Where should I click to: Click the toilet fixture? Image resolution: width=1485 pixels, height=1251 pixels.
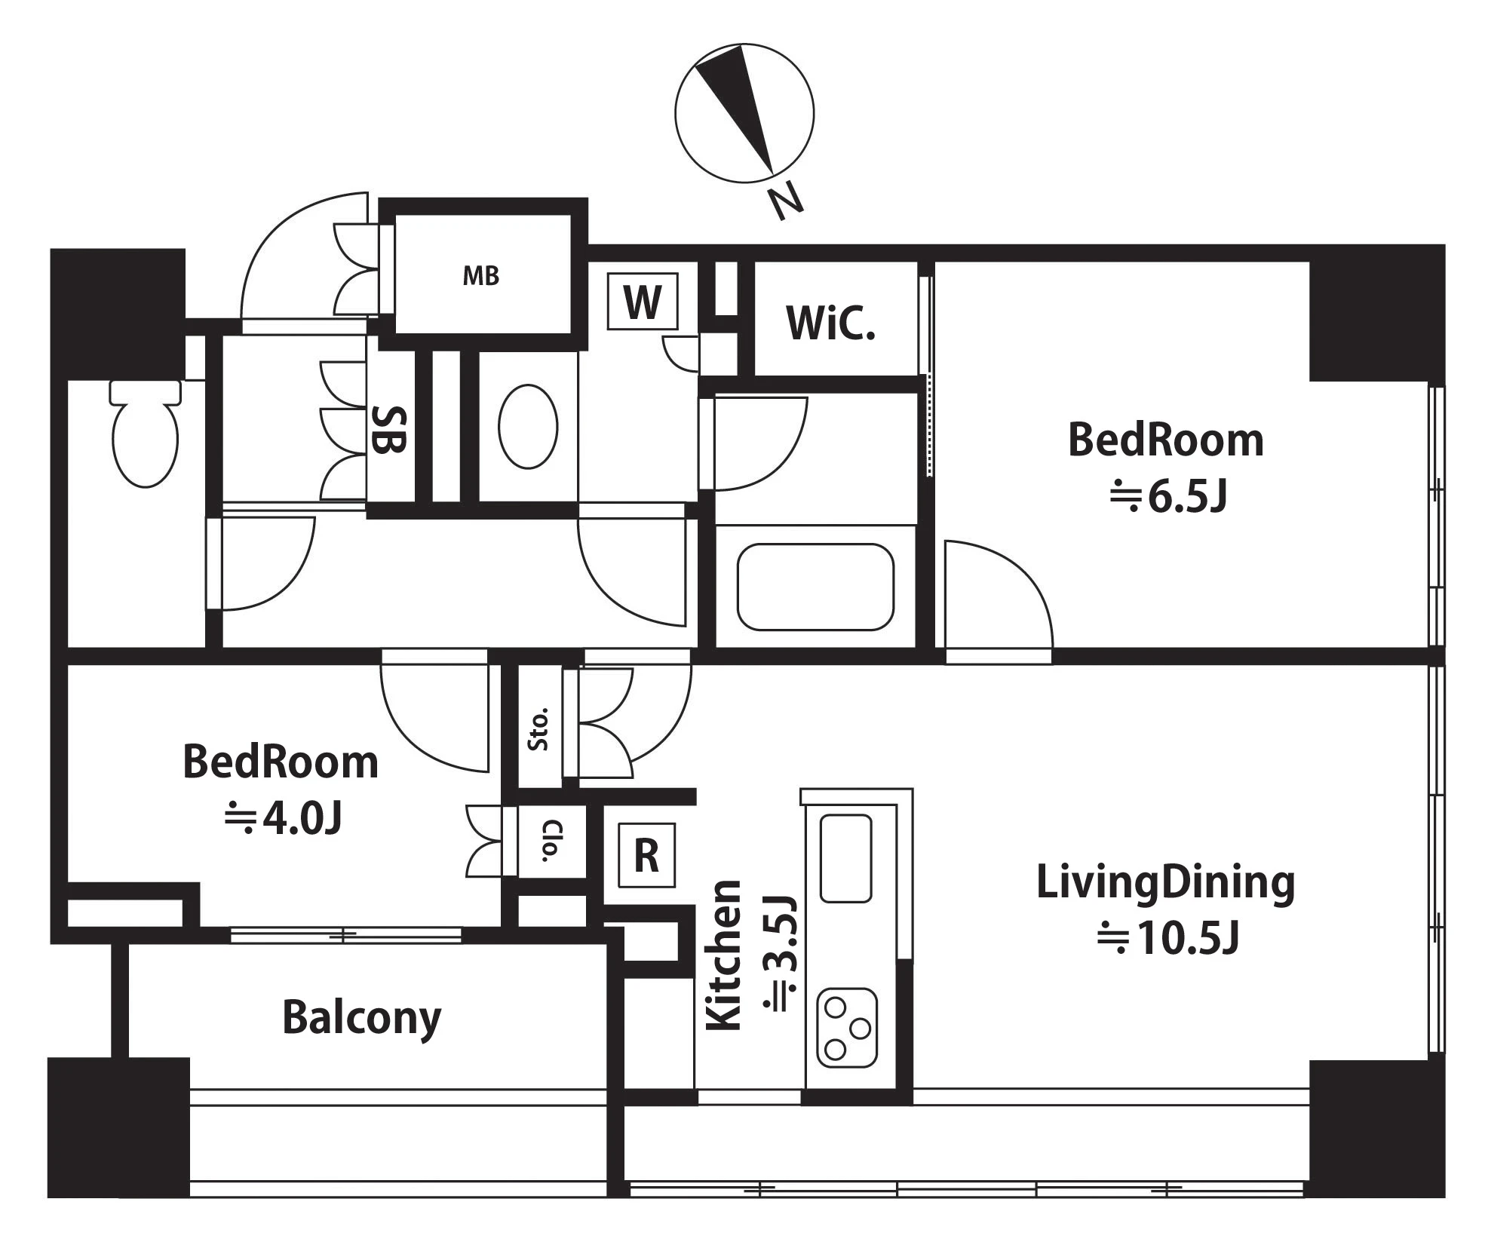click(x=146, y=433)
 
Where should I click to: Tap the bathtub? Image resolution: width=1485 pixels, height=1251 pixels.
click(x=815, y=587)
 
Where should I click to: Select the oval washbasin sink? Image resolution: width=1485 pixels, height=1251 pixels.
click(x=528, y=426)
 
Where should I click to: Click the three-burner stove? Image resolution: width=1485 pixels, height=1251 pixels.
click(x=848, y=1027)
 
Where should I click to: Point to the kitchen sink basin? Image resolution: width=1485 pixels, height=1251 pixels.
click(x=845, y=858)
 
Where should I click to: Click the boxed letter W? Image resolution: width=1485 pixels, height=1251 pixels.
click(x=643, y=302)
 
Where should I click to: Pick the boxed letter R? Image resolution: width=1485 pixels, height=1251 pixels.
click(x=646, y=855)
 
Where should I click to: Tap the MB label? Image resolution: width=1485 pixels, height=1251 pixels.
click(x=481, y=276)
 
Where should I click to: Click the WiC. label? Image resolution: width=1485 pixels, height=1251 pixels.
click(x=830, y=323)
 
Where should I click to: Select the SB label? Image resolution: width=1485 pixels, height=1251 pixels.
click(x=390, y=429)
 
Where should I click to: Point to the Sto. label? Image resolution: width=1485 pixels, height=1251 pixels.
click(x=538, y=729)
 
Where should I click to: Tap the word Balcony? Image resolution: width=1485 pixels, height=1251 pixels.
click(x=362, y=1019)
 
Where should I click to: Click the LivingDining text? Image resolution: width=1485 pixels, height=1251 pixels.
click(x=1165, y=883)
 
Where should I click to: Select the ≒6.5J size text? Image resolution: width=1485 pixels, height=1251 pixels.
click(x=1168, y=496)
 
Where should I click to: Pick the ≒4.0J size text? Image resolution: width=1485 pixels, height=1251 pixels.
click(x=284, y=818)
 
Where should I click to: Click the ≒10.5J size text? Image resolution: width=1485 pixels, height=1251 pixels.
click(x=1167, y=938)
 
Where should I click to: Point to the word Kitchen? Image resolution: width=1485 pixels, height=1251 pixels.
click(x=723, y=955)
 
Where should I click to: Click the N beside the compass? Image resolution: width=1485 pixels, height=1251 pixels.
click(x=785, y=202)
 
